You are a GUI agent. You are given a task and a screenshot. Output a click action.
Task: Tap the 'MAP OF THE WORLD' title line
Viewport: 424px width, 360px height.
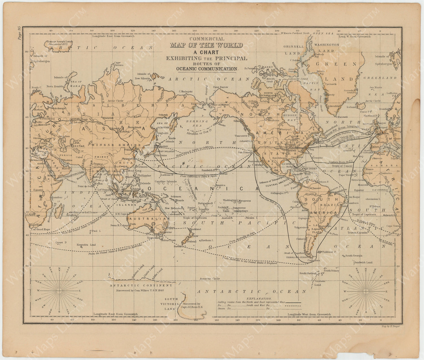(206, 45)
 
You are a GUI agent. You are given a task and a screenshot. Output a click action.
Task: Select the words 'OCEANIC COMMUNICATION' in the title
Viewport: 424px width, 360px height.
(206, 68)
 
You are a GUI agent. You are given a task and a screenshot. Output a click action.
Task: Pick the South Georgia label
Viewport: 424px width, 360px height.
(353, 256)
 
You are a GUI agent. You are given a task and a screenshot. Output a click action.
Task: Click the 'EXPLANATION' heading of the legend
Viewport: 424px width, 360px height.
(259, 298)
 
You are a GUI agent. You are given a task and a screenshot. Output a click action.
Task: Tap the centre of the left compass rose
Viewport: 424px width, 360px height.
(59, 290)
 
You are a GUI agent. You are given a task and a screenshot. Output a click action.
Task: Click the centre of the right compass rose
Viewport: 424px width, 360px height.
(366, 290)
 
